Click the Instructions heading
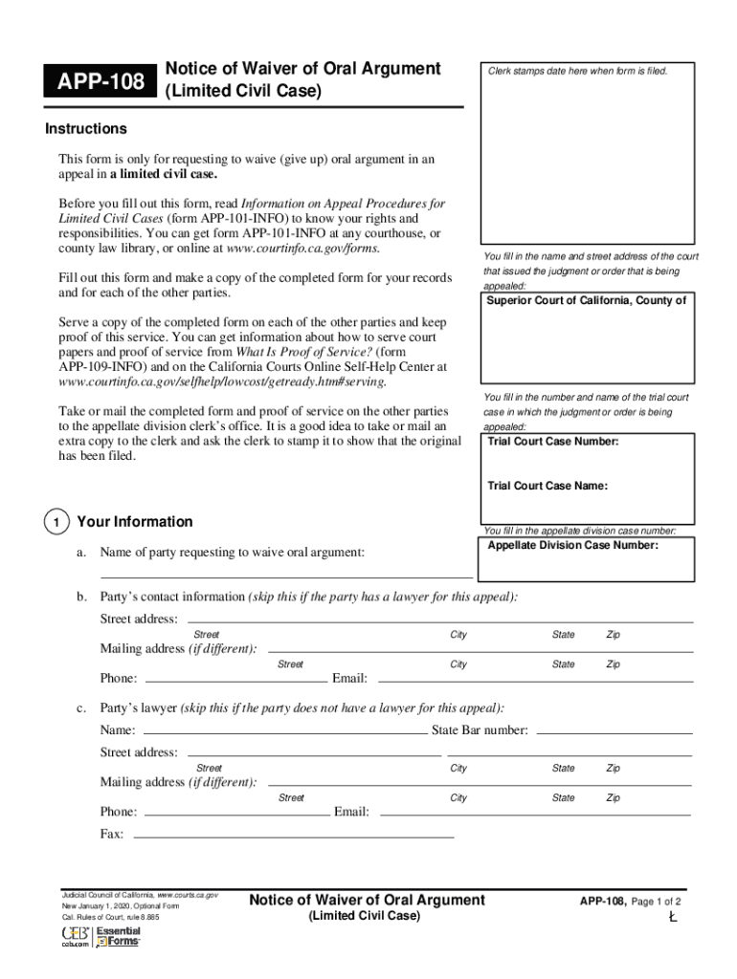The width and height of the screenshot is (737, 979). tap(86, 129)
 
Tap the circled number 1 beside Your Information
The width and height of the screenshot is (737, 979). tap(56, 523)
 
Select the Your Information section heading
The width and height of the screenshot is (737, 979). tap(134, 522)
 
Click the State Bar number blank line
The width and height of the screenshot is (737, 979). tap(614, 731)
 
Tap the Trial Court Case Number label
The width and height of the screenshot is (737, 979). tap(553, 442)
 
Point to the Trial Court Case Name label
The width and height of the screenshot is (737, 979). tap(547, 486)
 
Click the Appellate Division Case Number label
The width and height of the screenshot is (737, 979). tap(573, 546)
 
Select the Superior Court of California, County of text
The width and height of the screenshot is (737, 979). tap(586, 301)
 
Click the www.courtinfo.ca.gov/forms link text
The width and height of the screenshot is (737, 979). tap(301, 248)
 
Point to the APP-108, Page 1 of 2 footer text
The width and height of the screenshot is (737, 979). tap(630, 902)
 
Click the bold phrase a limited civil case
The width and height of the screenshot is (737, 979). tap(163, 175)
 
